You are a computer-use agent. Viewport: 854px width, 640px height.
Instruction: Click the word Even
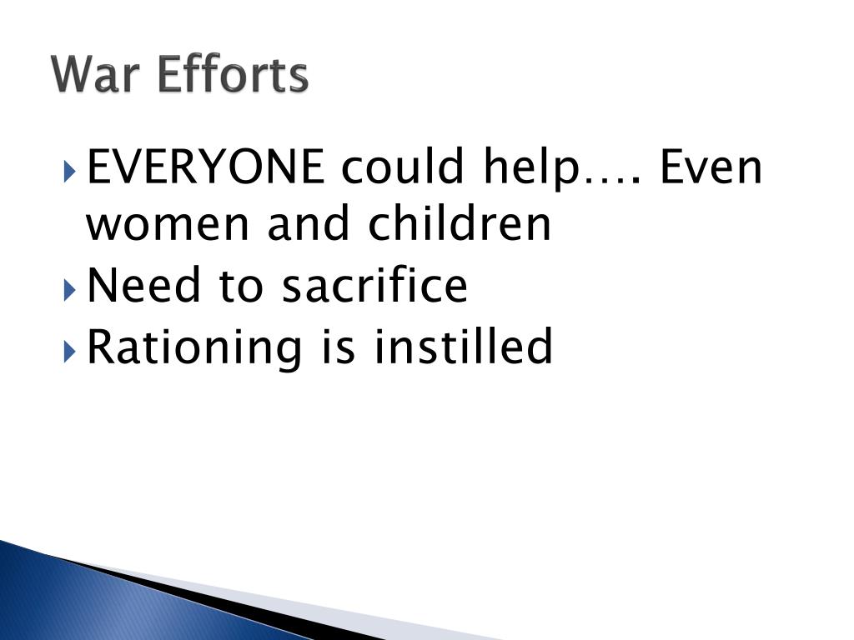point(711,167)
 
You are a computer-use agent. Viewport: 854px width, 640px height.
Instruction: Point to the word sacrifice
point(374,285)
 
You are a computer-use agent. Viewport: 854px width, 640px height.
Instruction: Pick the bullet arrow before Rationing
point(69,348)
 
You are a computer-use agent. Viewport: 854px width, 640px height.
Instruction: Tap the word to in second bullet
point(241,286)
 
